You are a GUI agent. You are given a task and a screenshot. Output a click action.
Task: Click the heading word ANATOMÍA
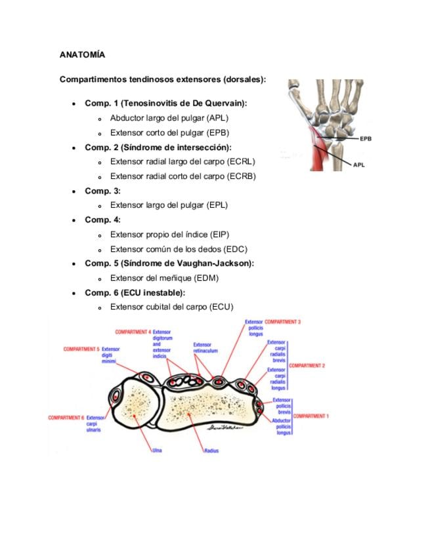[82, 54]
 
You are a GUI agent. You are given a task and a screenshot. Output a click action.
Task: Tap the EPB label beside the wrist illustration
[366, 139]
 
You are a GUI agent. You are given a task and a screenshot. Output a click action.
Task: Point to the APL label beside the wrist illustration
[359, 165]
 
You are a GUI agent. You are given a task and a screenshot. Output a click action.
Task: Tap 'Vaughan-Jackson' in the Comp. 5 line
[220, 263]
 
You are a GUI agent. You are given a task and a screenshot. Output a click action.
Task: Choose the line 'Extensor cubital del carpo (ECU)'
[171, 307]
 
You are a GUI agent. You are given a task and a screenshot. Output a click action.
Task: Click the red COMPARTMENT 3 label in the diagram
[282, 322]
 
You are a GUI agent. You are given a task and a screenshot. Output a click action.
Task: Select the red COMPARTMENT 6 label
[66, 417]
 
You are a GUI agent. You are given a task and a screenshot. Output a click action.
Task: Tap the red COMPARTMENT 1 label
[311, 416]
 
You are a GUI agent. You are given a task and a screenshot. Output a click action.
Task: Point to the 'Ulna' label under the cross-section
[157, 450]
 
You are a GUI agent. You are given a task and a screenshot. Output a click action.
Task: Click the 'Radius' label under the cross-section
[211, 450]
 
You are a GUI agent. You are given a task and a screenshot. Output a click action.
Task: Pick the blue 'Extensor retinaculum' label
[202, 347]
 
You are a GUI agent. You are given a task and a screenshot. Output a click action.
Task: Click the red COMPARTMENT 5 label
[81, 349]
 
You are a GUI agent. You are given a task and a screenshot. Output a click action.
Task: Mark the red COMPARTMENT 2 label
[307, 365]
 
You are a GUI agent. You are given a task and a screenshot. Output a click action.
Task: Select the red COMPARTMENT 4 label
[133, 332]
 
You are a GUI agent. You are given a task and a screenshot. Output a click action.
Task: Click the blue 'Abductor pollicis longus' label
[282, 426]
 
